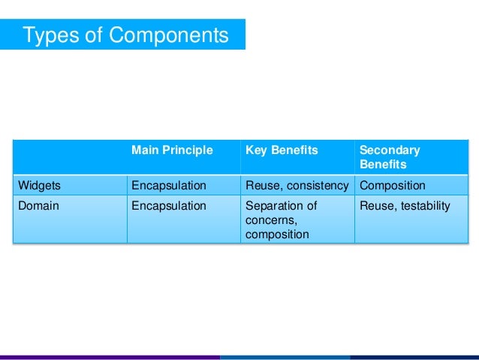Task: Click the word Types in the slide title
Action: point(48,35)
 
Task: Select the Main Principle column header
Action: point(172,150)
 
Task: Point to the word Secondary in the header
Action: point(390,150)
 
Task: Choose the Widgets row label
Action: point(39,186)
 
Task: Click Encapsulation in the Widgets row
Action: point(168,186)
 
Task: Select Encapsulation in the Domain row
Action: point(168,206)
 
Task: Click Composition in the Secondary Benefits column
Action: point(393,186)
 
